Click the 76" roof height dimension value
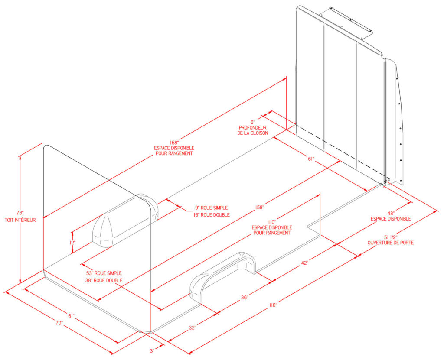tap(20, 213)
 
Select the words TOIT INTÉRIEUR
tap(20, 220)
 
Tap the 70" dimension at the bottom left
tap(59, 323)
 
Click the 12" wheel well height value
tap(72, 243)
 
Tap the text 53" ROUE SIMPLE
tap(104, 273)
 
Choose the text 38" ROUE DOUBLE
tap(104, 280)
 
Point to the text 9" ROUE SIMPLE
tap(211, 208)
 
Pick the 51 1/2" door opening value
tap(391, 236)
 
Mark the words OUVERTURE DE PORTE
tap(391, 243)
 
